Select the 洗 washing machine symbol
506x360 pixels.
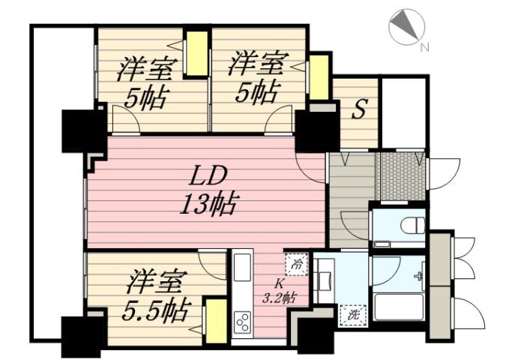click(351, 315)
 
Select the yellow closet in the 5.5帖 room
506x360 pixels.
click(216, 321)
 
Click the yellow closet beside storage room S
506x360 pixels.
click(319, 77)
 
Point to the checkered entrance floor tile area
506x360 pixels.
click(400, 177)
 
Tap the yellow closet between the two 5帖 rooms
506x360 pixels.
click(196, 53)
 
